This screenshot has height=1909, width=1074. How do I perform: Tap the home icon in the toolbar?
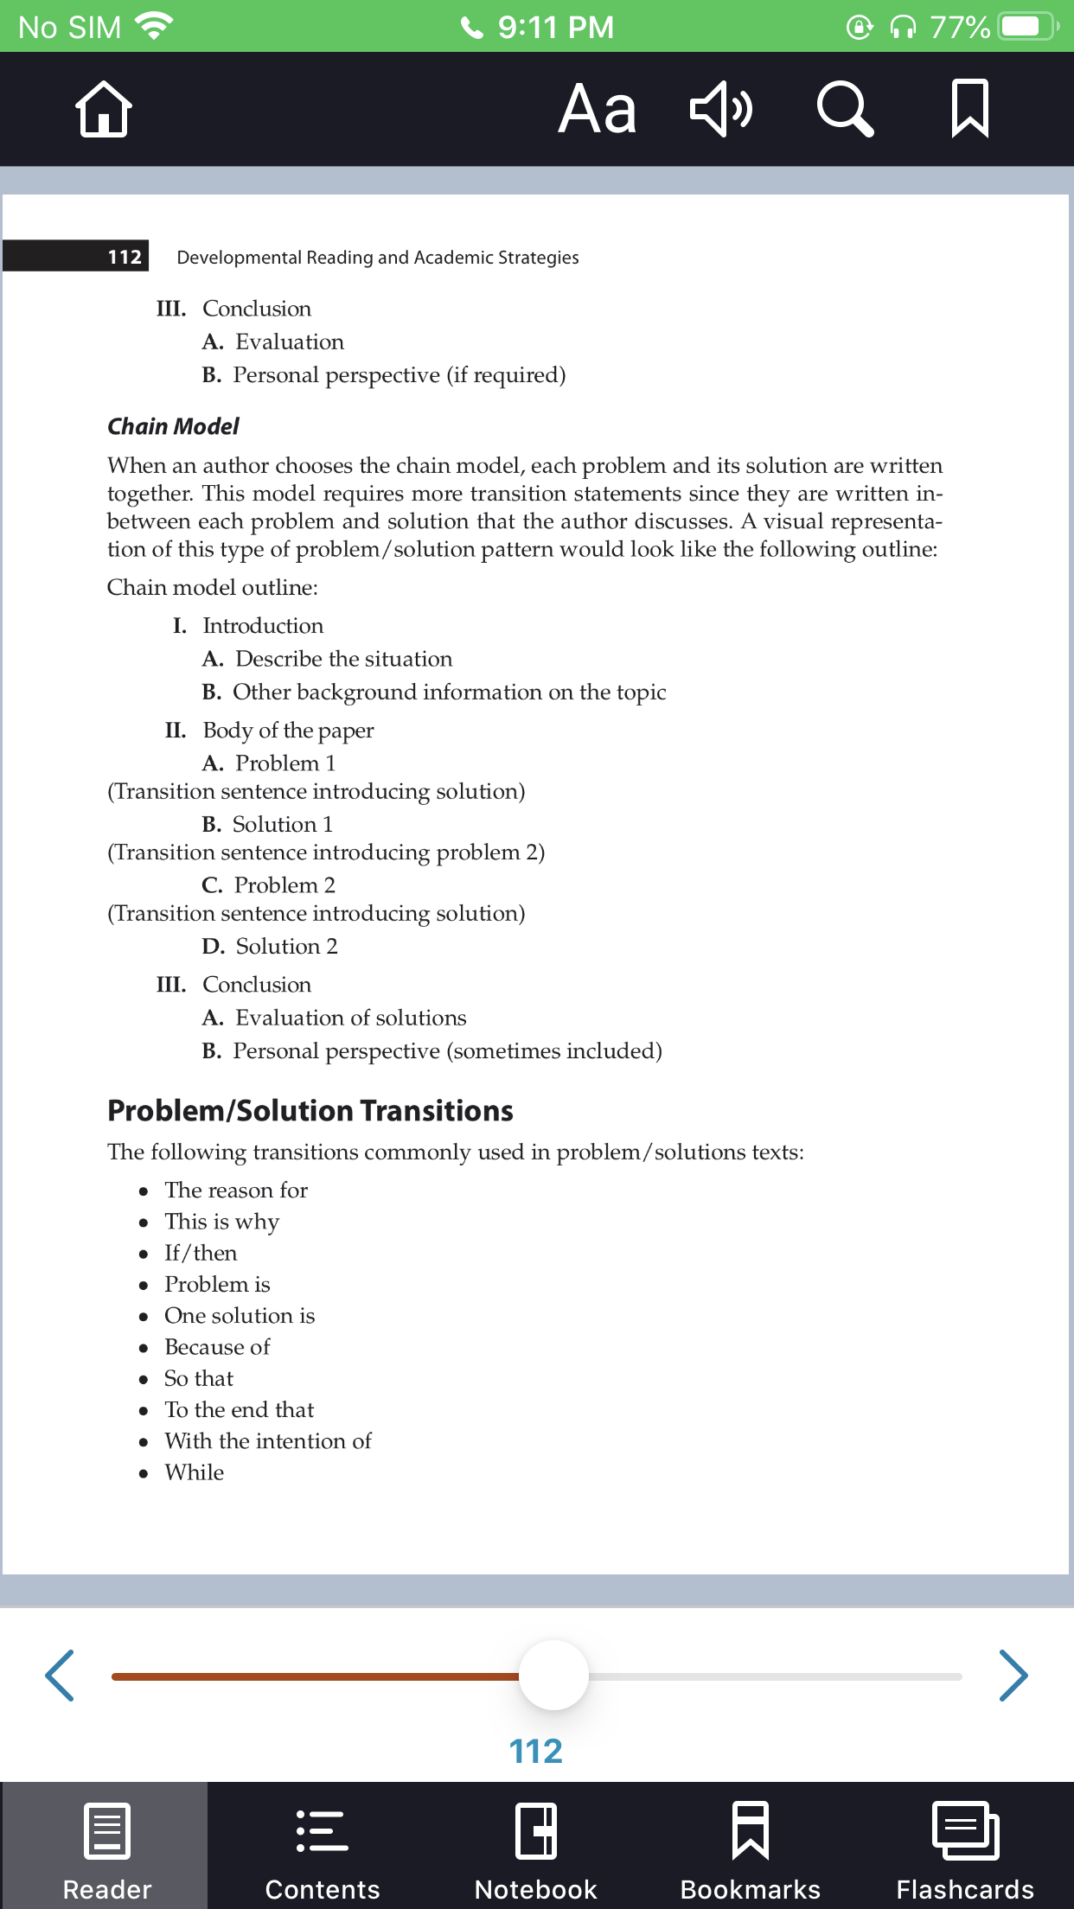(104, 109)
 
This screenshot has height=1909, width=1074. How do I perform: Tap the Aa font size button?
(597, 109)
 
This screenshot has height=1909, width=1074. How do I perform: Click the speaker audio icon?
(720, 109)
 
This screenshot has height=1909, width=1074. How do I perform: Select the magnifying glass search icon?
(845, 109)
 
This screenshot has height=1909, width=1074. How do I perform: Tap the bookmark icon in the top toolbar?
(969, 109)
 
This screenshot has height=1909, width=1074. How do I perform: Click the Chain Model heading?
(173, 426)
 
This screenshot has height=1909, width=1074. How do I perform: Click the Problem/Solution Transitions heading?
(310, 1111)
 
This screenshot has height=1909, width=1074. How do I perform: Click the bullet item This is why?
(221, 1222)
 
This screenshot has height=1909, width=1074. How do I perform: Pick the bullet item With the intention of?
(268, 1441)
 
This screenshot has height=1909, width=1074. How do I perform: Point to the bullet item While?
(194, 1472)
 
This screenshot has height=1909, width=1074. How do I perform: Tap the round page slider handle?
(553, 1676)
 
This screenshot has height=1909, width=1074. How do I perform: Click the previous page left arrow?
(60, 1676)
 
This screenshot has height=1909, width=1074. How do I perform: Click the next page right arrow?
(1013, 1676)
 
